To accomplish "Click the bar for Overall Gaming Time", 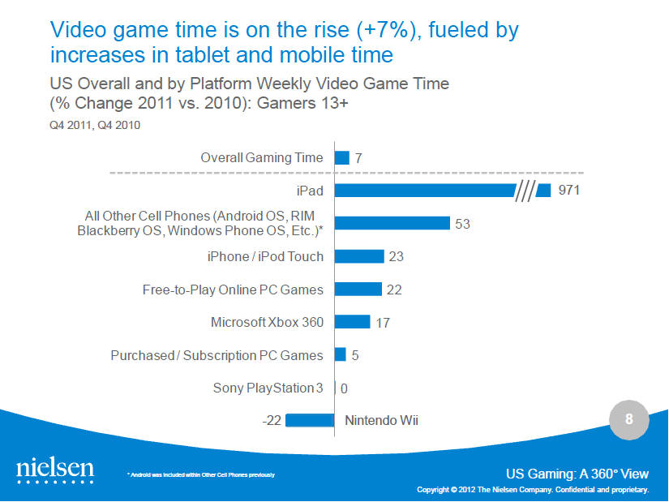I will [341, 158].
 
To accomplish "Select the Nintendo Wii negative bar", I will [310, 420].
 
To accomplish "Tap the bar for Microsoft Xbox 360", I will [352, 322].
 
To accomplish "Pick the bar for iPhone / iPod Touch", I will [358, 256].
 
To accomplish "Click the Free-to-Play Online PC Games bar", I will [358, 290].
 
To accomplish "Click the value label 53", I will [462, 224].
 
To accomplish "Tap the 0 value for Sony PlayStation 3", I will [344, 388].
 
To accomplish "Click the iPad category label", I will [309, 191].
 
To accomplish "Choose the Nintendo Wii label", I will [382, 420].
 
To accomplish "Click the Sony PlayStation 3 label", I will [268, 388].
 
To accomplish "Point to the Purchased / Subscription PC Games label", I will [217, 355].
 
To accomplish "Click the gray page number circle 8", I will [628, 420].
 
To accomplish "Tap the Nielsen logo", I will [55, 471].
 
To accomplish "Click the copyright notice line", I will [532, 490].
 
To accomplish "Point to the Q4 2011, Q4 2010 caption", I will [90, 126].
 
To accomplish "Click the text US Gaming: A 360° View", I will [577, 474].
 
